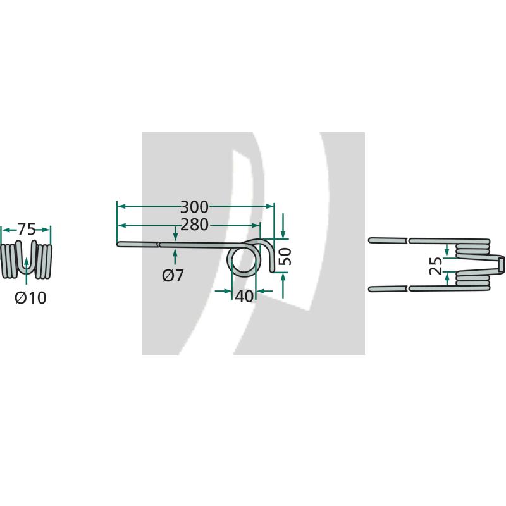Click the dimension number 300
(194, 207)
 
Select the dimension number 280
(194, 225)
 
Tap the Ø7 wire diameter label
(173, 275)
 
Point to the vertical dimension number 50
(285, 257)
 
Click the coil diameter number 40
(244, 296)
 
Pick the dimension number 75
(26, 229)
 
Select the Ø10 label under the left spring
(30, 297)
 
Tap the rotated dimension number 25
(436, 266)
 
